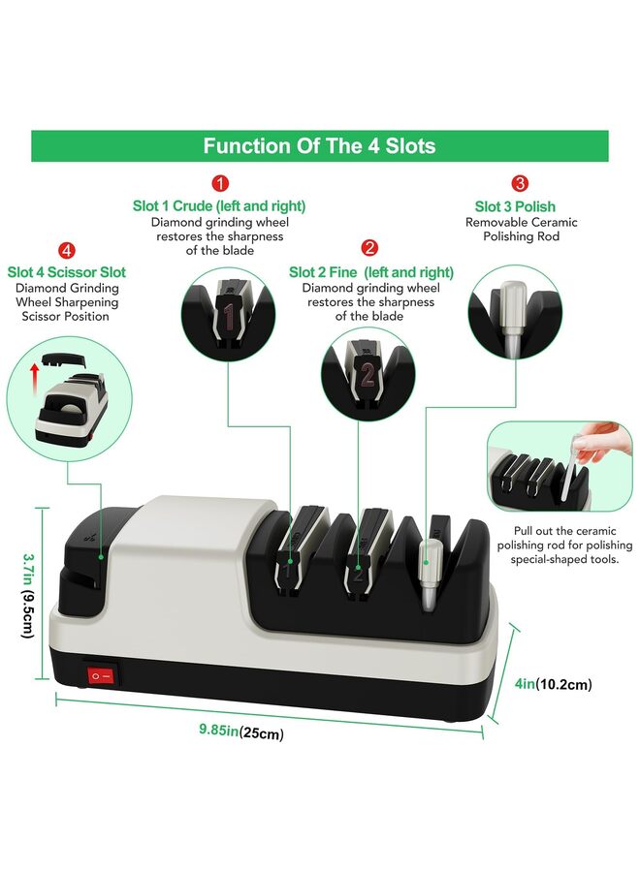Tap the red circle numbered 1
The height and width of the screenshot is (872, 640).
coord(220,183)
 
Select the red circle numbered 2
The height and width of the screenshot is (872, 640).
coord(369,249)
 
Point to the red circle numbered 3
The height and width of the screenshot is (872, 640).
coord(521,183)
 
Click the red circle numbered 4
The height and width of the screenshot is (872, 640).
coord(66,250)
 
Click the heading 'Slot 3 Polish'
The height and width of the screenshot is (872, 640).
coord(515,206)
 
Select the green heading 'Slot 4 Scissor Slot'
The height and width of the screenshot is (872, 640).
coord(67,272)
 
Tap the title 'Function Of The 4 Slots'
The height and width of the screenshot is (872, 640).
coord(319,146)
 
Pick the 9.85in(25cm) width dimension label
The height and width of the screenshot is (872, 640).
coord(235,733)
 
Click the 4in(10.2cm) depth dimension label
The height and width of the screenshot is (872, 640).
coord(553,686)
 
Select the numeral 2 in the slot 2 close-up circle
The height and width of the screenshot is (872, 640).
coord(368,376)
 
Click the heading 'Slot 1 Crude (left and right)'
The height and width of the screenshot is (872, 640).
coord(219,206)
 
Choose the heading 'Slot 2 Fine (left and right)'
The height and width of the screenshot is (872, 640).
coord(371,272)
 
